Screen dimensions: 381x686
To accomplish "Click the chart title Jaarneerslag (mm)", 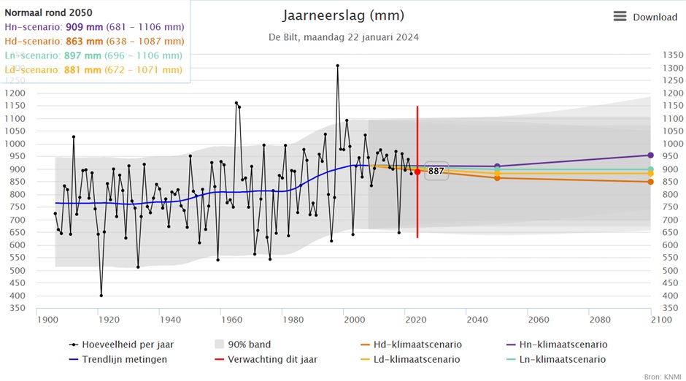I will point(343,16).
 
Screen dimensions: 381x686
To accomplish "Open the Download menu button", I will point(645,17).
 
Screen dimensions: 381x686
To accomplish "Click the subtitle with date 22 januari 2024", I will point(343,37).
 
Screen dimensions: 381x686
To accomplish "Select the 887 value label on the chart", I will point(436,171).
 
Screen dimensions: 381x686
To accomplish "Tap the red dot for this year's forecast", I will point(417,172).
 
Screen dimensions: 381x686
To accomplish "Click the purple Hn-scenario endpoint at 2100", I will point(650,155).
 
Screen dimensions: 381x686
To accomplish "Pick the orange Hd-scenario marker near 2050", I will point(497,177).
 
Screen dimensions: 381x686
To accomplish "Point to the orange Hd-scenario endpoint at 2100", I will point(650,182).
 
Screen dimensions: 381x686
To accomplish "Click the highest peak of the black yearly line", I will point(337,66).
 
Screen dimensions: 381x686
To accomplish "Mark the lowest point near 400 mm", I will point(101,296).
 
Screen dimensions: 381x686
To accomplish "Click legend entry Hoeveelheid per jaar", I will point(121,345).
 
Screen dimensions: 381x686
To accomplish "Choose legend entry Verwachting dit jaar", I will point(271,359).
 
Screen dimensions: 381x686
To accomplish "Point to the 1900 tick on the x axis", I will point(47,320).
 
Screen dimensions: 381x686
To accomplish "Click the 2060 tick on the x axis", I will point(538,320).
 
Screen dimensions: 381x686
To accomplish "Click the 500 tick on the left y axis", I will point(15,271).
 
